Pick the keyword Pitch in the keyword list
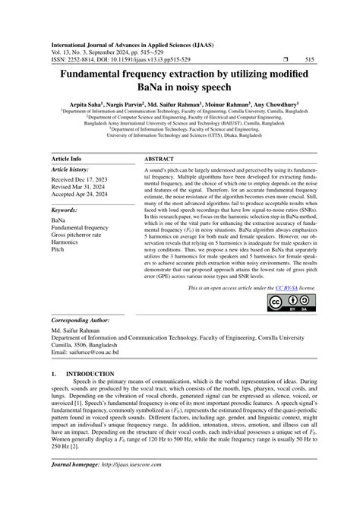[x=58, y=249]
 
